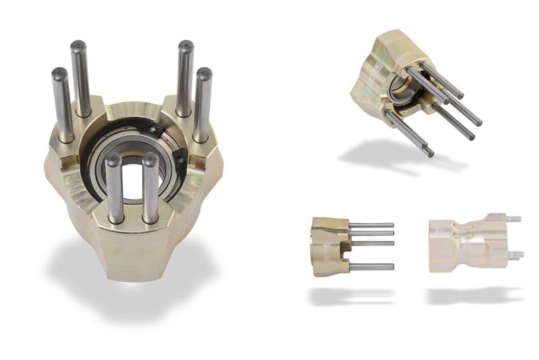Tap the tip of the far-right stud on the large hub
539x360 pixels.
(203, 72)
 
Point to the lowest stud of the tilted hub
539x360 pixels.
(410, 135)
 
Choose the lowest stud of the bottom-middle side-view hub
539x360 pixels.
(372, 267)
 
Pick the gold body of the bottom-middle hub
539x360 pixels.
(329, 246)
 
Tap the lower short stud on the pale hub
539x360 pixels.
(515, 255)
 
